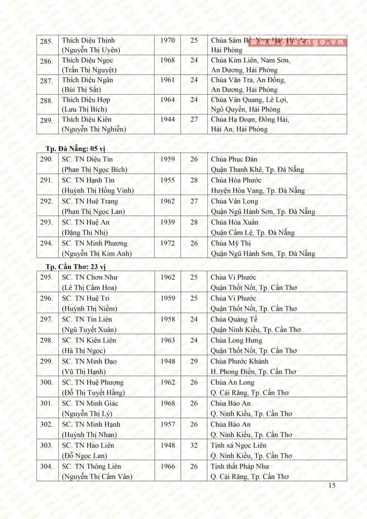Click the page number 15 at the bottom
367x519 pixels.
332,486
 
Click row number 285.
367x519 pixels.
47,41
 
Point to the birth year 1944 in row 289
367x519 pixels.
167,120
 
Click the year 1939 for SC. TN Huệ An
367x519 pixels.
167,222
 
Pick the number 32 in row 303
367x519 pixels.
194,446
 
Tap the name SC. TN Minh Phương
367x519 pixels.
94,243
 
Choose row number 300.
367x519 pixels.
47,383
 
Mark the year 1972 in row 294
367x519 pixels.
167,243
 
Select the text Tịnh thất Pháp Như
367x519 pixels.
240,466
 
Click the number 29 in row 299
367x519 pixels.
194,361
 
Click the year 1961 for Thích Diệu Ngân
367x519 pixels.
167,80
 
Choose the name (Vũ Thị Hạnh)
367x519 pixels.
84,372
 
